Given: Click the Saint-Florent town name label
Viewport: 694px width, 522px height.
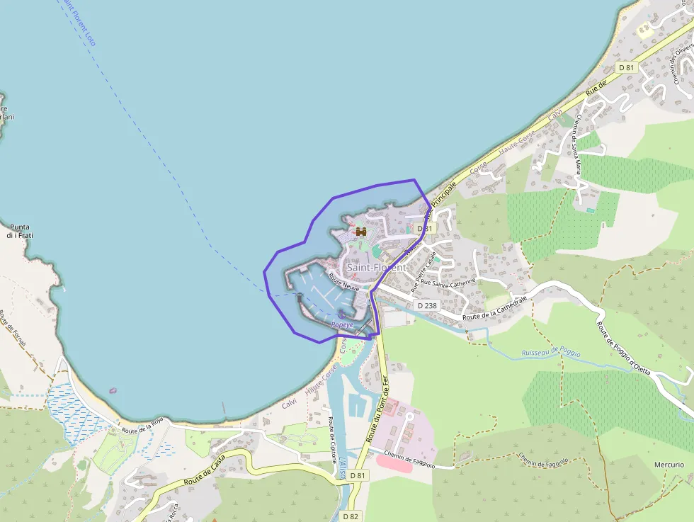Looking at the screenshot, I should (376, 268).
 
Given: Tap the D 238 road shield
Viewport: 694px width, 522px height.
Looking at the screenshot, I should (428, 305).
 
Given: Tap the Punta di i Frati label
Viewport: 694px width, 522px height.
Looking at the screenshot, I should (18, 231).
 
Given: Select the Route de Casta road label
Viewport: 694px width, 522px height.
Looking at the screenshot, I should (205, 472).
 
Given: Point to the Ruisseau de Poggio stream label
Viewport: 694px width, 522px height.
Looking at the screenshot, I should (550, 353).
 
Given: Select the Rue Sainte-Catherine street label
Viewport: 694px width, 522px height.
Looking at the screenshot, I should (448, 282).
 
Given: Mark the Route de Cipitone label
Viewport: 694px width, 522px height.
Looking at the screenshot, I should (332, 440).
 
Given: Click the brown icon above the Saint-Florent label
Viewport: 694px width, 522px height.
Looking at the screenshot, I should (360, 232).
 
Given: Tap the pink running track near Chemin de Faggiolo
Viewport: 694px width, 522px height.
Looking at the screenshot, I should (394, 462).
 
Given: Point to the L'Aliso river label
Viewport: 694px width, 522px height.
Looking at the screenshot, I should (343, 467).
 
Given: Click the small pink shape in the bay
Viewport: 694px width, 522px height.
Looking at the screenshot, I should (112, 390).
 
